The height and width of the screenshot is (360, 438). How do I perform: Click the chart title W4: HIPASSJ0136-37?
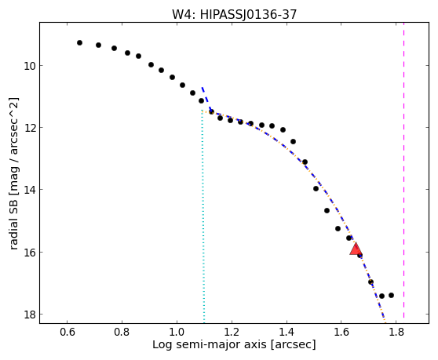click(x=234, y=14)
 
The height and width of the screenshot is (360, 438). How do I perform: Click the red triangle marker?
click(x=356, y=249)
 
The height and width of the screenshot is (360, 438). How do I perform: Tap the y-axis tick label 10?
click(x=30, y=66)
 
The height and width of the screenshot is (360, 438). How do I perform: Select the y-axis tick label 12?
click(x=30, y=128)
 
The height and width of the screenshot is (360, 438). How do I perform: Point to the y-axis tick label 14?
click(x=30, y=190)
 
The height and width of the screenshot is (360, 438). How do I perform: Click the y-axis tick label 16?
click(x=30, y=253)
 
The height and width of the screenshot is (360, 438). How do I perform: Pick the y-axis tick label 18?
click(x=30, y=315)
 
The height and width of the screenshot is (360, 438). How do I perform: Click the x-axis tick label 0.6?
click(x=67, y=332)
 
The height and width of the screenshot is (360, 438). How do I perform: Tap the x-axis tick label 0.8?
click(x=122, y=332)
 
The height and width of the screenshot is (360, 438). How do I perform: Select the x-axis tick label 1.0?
click(x=177, y=332)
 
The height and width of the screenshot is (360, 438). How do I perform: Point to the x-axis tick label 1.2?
click(x=232, y=332)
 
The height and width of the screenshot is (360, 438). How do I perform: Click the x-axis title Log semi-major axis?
click(x=210, y=345)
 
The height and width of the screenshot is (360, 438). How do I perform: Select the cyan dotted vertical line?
click(x=203, y=216)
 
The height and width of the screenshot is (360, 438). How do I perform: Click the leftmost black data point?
click(x=79, y=42)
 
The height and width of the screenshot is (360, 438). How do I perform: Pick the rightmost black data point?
click(x=391, y=295)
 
